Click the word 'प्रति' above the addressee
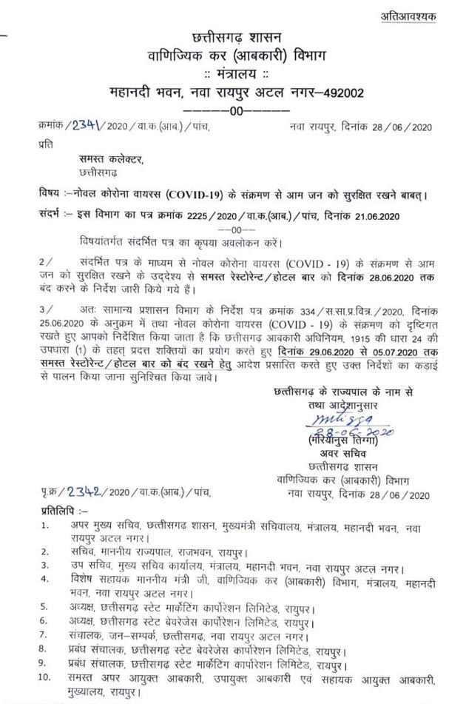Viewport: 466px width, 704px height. click(x=45, y=147)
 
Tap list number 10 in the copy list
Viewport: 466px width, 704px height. click(x=47, y=679)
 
